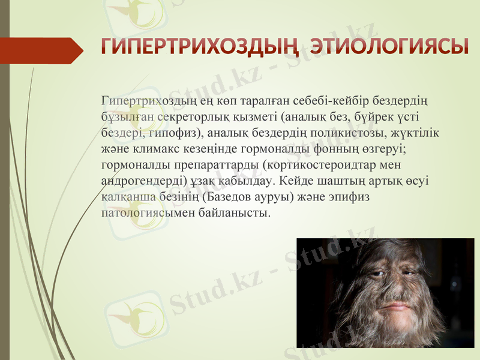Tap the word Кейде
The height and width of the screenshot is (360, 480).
tap(295, 180)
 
